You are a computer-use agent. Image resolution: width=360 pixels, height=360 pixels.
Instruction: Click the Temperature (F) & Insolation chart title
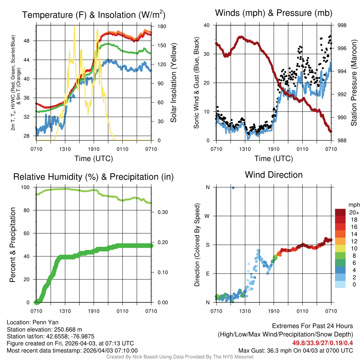(x=94, y=15)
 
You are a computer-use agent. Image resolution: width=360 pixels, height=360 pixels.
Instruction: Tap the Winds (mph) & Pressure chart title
(x=274, y=13)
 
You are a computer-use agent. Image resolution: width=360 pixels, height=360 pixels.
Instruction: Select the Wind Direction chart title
(x=274, y=174)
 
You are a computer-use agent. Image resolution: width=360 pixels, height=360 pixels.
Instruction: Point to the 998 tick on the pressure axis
(x=342, y=25)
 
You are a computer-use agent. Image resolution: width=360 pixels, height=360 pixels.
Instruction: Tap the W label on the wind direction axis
(x=207, y=216)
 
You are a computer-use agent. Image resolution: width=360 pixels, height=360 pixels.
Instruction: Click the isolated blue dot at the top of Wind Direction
(x=233, y=188)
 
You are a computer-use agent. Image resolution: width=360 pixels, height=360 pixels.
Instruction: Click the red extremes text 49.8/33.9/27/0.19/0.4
(x=322, y=343)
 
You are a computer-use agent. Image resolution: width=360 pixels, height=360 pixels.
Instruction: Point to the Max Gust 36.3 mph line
(x=295, y=350)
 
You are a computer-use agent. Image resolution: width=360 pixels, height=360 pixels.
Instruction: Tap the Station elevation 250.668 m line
(x=44, y=329)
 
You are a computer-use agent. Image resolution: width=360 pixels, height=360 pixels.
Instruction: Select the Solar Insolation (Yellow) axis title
(x=173, y=83)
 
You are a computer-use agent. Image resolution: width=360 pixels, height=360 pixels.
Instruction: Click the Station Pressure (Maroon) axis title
(x=354, y=83)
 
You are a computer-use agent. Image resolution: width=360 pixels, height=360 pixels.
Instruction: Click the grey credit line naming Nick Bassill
(x=180, y=356)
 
